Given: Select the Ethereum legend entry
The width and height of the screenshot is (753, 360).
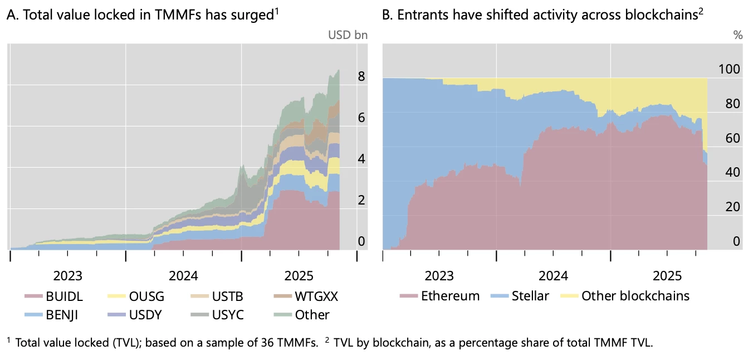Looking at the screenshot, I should tap(439, 295).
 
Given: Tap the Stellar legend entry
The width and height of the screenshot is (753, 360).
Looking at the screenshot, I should tap(521, 295).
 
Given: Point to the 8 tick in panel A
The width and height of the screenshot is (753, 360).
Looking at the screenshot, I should tap(361, 76).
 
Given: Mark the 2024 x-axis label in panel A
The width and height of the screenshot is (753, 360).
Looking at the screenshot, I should tap(184, 276).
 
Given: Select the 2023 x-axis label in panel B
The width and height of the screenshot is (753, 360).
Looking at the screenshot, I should tap(439, 276).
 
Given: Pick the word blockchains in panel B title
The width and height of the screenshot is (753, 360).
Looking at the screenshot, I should tap(668, 16).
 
